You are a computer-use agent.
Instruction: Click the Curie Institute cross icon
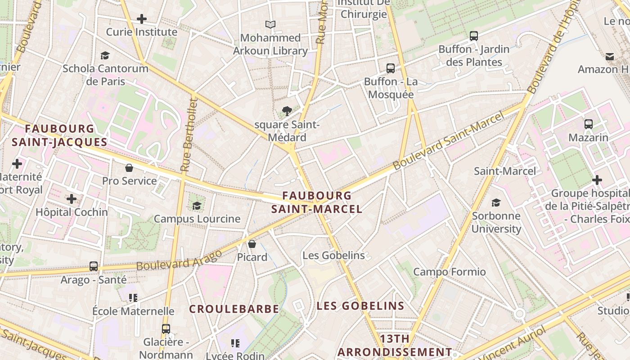pyautogui.click(x=142, y=19)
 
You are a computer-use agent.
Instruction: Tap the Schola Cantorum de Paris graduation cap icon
pyautogui.click(x=105, y=55)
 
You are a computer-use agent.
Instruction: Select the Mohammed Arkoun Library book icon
pyautogui.click(x=270, y=24)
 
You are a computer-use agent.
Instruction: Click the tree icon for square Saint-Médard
pyautogui.click(x=287, y=111)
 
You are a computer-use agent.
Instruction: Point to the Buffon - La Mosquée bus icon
pyautogui.click(x=391, y=68)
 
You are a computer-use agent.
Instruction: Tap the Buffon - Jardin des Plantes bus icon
pyautogui.click(x=473, y=36)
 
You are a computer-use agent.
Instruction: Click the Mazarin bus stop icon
pyautogui.click(x=588, y=124)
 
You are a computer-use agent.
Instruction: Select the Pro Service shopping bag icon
pyautogui.click(x=129, y=168)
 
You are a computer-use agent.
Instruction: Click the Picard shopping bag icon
pyautogui.click(x=252, y=244)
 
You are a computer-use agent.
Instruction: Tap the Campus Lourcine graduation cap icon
pyautogui.click(x=197, y=206)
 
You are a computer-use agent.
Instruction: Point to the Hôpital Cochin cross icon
pyautogui.click(x=72, y=199)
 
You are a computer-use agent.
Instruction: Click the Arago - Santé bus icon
pyautogui.click(x=94, y=266)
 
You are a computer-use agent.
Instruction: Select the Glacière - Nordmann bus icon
pyautogui.click(x=166, y=329)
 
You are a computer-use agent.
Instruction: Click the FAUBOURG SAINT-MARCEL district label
pyautogui.click(x=317, y=202)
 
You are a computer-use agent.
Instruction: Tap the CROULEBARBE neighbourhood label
pyautogui.click(x=234, y=309)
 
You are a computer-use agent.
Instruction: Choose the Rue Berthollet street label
pyautogui.click(x=189, y=135)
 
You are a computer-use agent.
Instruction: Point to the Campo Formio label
pyautogui.click(x=449, y=272)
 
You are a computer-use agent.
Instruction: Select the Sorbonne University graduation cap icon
pyautogui.click(x=496, y=203)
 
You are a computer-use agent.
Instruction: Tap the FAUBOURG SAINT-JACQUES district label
pyautogui.click(x=59, y=135)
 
